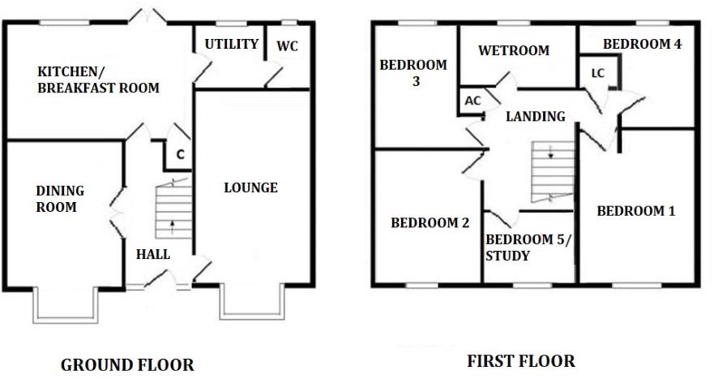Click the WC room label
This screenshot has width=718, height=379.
click(x=287, y=46)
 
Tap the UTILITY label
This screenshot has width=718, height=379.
click(x=232, y=44)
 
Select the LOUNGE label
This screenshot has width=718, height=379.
click(x=251, y=187)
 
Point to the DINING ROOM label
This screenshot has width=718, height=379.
click(x=60, y=199)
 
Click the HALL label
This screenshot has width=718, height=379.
click(x=153, y=254)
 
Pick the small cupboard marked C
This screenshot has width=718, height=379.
click(x=178, y=155)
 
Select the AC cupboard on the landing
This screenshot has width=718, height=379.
click(x=472, y=101)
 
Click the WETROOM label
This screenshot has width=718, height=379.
click(x=514, y=50)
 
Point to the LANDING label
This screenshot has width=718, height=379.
click(x=536, y=116)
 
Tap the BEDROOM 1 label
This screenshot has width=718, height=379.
click(x=636, y=211)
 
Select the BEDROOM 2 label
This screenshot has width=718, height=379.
click(x=430, y=223)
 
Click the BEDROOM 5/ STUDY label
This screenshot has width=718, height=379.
click(x=529, y=248)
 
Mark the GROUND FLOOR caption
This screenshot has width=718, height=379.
click(x=127, y=365)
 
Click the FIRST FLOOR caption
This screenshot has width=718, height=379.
click(x=521, y=361)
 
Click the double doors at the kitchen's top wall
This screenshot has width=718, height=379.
click(x=147, y=16)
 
